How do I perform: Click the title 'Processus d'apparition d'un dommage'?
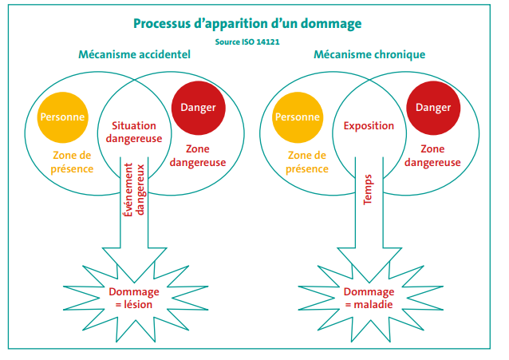click(247, 23)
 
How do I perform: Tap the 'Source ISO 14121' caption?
click(247, 42)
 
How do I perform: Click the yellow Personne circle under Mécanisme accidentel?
click(61, 117)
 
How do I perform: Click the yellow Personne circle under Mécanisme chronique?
click(297, 117)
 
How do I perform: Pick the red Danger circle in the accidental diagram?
click(197, 108)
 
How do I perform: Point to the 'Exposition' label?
click(369, 126)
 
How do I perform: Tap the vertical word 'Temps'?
click(368, 191)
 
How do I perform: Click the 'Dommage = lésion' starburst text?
click(134, 298)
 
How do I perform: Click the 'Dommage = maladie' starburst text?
click(369, 298)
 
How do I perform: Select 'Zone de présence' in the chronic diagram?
click(309, 162)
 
